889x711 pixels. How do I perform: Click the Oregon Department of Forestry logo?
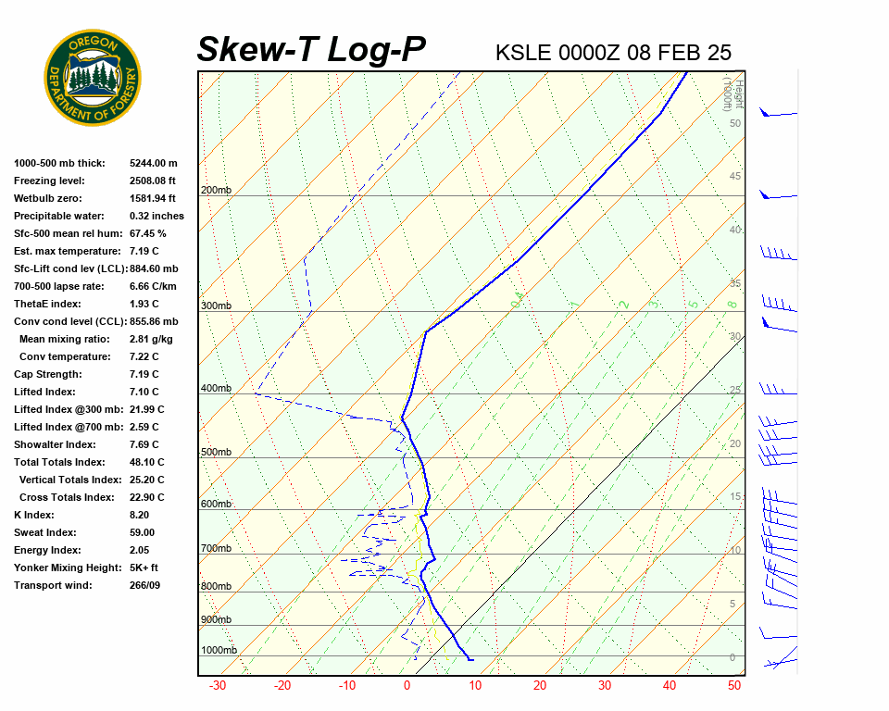tap(93, 77)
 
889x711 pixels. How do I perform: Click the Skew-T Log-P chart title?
tap(311, 50)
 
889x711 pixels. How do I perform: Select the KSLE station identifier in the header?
tap(523, 52)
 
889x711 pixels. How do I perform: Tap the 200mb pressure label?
tap(216, 191)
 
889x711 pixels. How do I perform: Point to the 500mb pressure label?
tap(216, 453)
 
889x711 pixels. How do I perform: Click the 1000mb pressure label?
tap(219, 651)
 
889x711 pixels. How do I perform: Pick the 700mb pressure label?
tap(216, 549)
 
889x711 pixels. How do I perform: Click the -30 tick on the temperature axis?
tap(219, 686)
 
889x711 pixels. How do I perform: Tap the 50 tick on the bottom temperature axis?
tap(734, 686)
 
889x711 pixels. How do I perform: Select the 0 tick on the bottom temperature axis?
tap(407, 686)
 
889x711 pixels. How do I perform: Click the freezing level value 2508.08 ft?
tap(153, 181)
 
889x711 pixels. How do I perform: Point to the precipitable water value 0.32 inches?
tap(157, 216)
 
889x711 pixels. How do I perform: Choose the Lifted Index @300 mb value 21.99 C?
tap(147, 409)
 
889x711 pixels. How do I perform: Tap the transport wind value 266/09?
tap(144, 585)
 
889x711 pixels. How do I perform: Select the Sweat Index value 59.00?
tap(142, 532)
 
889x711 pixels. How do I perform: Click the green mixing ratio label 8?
tap(731, 305)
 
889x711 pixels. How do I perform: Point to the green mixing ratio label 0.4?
tap(519, 298)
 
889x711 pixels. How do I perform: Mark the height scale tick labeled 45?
tap(735, 177)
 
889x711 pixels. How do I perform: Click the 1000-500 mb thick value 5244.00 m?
tap(153, 163)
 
